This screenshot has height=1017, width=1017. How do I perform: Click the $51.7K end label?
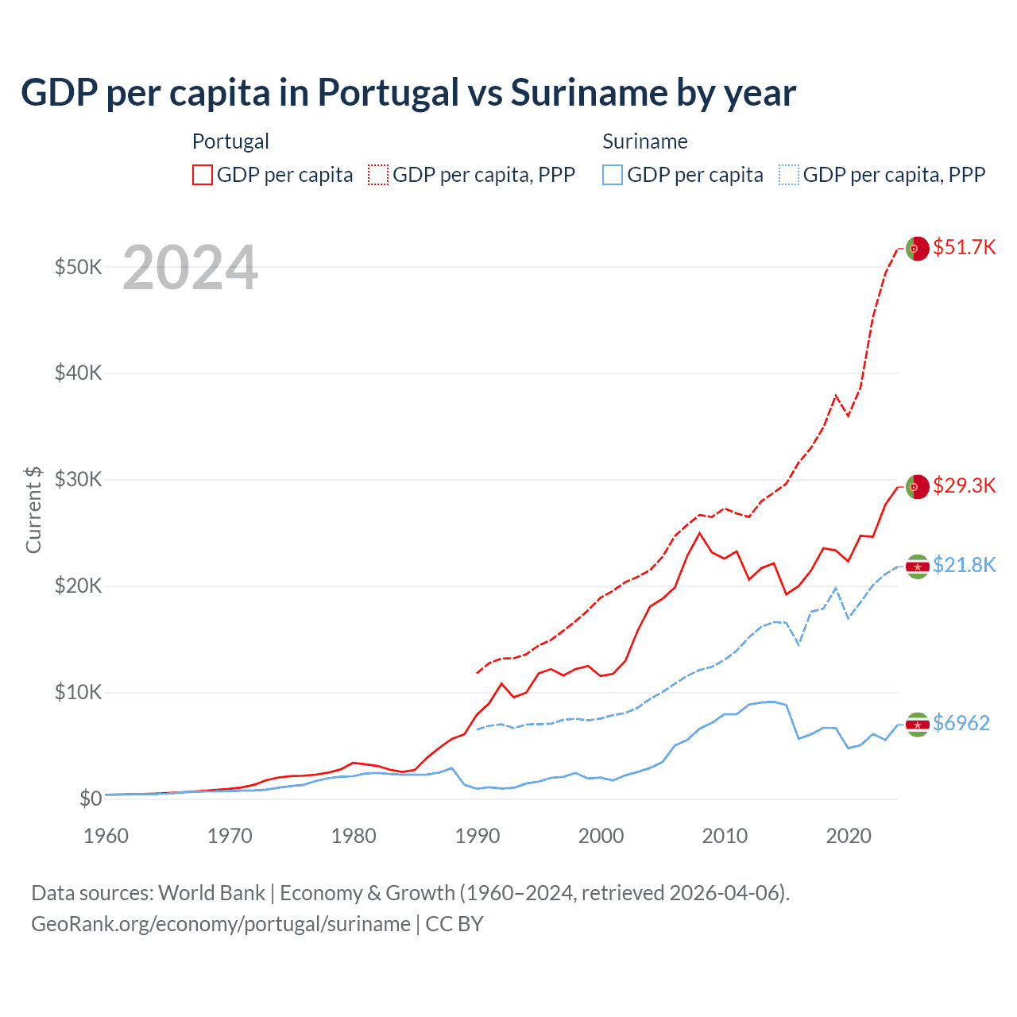[964, 247]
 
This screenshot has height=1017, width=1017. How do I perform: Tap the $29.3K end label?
[964, 485]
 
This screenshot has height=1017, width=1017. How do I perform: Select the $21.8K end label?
[964, 565]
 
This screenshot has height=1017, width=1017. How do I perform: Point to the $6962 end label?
[961, 723]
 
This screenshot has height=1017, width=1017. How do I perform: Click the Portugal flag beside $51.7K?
[918, 249]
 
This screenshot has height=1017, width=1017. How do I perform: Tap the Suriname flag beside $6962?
[918, 725]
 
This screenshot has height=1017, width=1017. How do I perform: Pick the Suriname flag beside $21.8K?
[918, 567]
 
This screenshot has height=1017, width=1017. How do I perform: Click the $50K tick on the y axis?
[78, 267]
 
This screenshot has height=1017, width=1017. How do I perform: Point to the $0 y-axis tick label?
[91, 799]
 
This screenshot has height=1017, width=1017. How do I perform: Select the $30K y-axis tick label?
[78, 480]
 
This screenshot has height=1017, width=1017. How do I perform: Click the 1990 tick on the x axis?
[478, 836]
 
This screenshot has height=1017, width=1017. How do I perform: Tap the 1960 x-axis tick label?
[106, 836]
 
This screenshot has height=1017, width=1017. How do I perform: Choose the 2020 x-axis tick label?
[849, 836]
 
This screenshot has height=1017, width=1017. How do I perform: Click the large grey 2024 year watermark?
[191, 268]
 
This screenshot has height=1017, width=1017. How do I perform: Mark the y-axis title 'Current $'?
[33, 509]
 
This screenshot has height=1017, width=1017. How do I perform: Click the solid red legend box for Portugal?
[203, 175]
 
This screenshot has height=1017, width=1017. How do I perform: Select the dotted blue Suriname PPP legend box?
[789, 175]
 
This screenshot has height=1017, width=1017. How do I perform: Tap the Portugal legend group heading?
[230, 141]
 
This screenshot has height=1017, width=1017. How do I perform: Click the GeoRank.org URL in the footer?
[221, 924]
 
